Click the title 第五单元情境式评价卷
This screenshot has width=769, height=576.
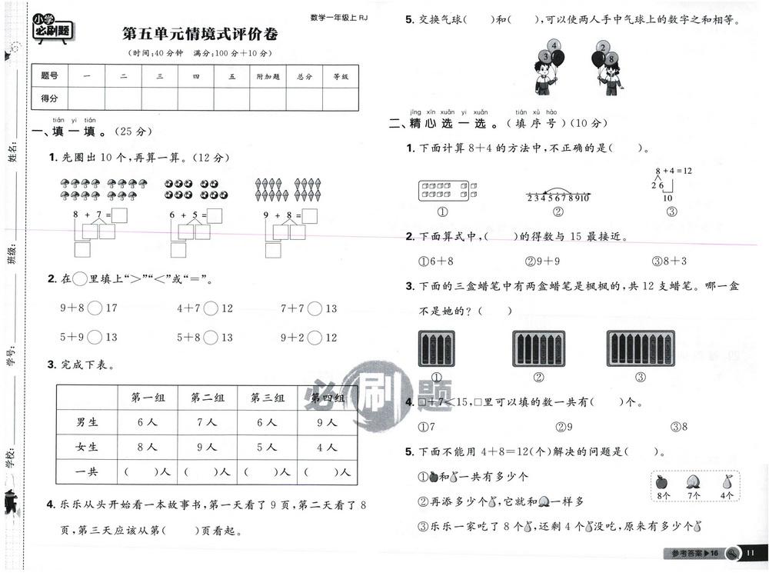pos(200,35)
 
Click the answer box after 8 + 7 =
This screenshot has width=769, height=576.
pos(121,215)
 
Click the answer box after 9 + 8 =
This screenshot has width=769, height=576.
pos(310,215)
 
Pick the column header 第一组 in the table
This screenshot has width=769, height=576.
pos(146,398)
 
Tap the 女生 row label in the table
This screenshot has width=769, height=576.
pos(87,447)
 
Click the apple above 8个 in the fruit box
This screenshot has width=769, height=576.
pos(661,482)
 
